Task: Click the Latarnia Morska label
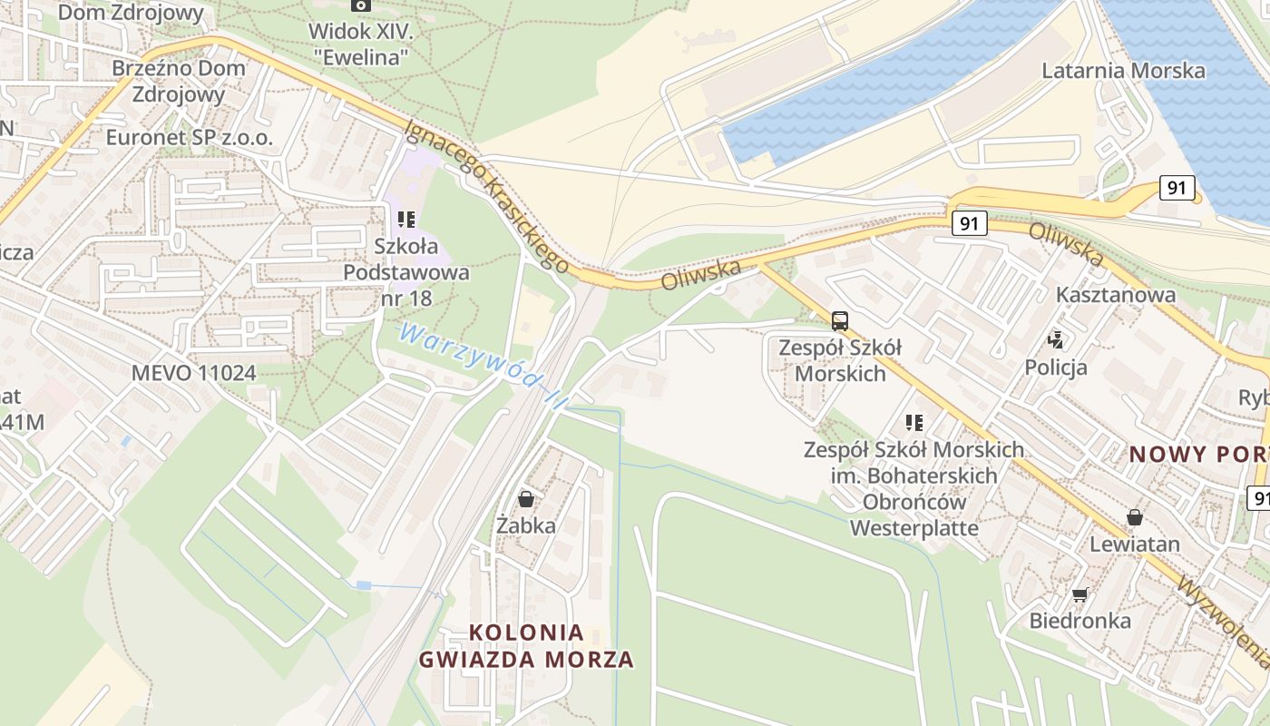click(x=1123, y=71)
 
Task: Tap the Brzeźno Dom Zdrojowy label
click(x=179, y=81)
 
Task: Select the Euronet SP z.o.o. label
click(x=189, y=137)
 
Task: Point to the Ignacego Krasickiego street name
click(x=487, y=195)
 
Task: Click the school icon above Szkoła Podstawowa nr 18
click(x=405, y=220)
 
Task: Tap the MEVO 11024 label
click(x=193, y=372)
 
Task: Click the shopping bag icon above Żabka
click(x=525, y=499)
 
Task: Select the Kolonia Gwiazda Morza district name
click(x=526, y=645)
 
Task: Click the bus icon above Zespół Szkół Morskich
click(x=840, y=320)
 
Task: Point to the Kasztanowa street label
click(x=1116, y=295)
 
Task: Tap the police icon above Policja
click(x=1055, y=341)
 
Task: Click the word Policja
click(x=1056, y=368)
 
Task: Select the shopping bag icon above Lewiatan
click(x=1134, y=518)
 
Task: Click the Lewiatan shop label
click(x=1135, y=544)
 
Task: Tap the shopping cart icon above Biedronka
click(x=1079, y=595)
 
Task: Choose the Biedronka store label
click(x=1079, y=621)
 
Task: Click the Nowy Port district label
click(x=1197, y=454)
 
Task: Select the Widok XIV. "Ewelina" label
click(x=361, y=44)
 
